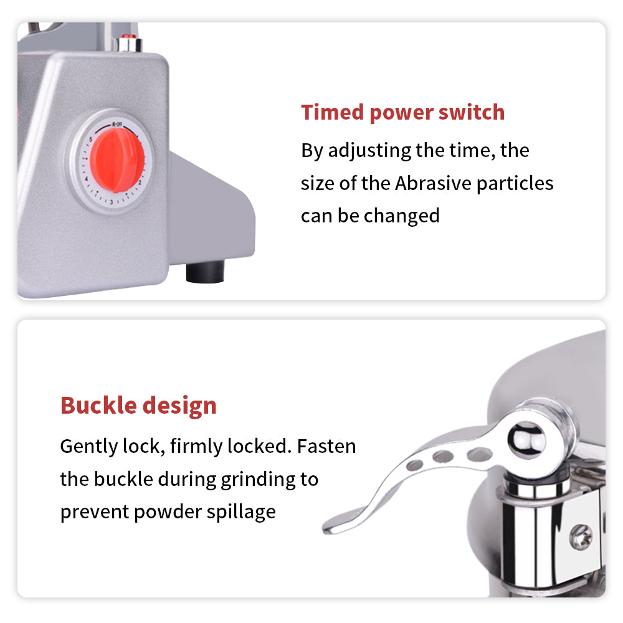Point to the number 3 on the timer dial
[110, 201]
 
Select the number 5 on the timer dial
[91, 139]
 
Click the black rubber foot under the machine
[205, 272]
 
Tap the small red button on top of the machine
[129, 38]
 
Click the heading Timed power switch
[402, 112]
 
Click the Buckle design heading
[138, 405]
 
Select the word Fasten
[326, 447]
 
